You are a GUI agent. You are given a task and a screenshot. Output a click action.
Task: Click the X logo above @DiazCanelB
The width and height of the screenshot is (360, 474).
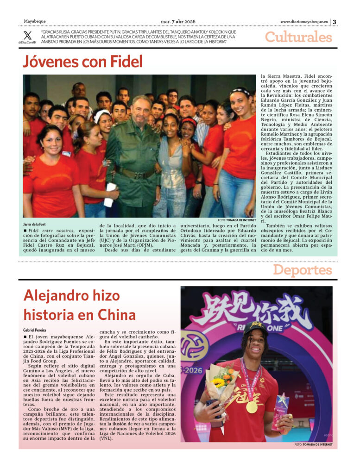pos(28,35)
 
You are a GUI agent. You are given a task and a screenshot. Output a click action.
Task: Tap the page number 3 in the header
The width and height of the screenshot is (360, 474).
pos(335,21)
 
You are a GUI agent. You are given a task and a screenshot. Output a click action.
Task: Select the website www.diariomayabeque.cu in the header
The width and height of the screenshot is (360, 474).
pos(304,21)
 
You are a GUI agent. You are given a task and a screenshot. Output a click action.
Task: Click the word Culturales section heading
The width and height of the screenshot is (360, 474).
pos(298,37)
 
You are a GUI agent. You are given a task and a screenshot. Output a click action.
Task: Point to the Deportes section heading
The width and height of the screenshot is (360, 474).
pos(302,270)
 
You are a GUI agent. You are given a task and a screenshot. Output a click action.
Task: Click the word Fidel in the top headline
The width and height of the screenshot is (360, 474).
pos(125,62)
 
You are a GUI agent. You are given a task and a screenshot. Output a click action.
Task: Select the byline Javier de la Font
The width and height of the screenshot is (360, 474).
pos(36,224)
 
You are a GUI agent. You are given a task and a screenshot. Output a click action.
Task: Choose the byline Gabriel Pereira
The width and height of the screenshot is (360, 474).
pos(35,330)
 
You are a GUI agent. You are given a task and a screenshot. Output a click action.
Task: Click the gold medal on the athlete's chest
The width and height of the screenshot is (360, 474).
pos(252,406)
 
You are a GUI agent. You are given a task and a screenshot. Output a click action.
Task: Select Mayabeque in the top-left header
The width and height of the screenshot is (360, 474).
pos(35,21)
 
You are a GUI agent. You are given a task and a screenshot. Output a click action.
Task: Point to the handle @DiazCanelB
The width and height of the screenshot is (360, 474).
pos(27,43)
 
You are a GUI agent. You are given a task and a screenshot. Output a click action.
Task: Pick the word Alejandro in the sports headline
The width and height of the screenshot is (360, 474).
pos(57,295)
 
